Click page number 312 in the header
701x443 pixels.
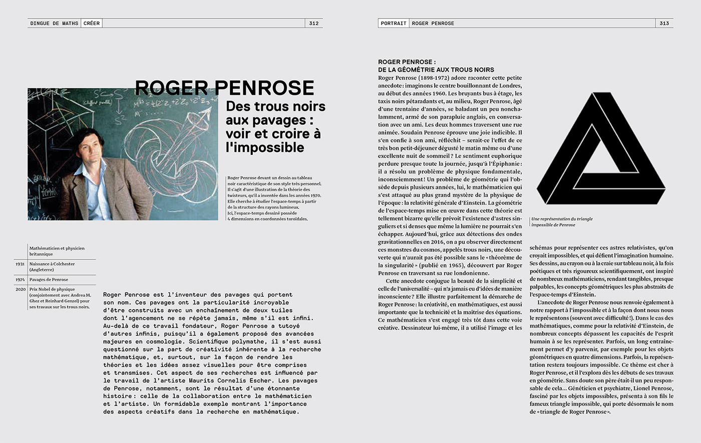click(x=313, y=24)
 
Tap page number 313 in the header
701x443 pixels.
click(x=664, y=24)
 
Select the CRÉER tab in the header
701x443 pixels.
click(x=92, y=24)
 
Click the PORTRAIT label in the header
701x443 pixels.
click(x=393, y=24)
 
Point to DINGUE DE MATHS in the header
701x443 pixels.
click(x=54, y=24)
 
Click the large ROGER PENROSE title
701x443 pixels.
click(x=224, y=88)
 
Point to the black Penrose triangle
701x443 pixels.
click(x=601, y=150)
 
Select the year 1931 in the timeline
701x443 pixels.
click(x=20, y=264)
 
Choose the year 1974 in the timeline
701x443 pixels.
click(x=20, y=280)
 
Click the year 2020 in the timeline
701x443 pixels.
click(x=20, y=289)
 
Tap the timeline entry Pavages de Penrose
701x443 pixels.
click(x=49, y=280)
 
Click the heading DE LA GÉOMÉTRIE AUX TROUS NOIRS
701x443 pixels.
click(x=436, y=70)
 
